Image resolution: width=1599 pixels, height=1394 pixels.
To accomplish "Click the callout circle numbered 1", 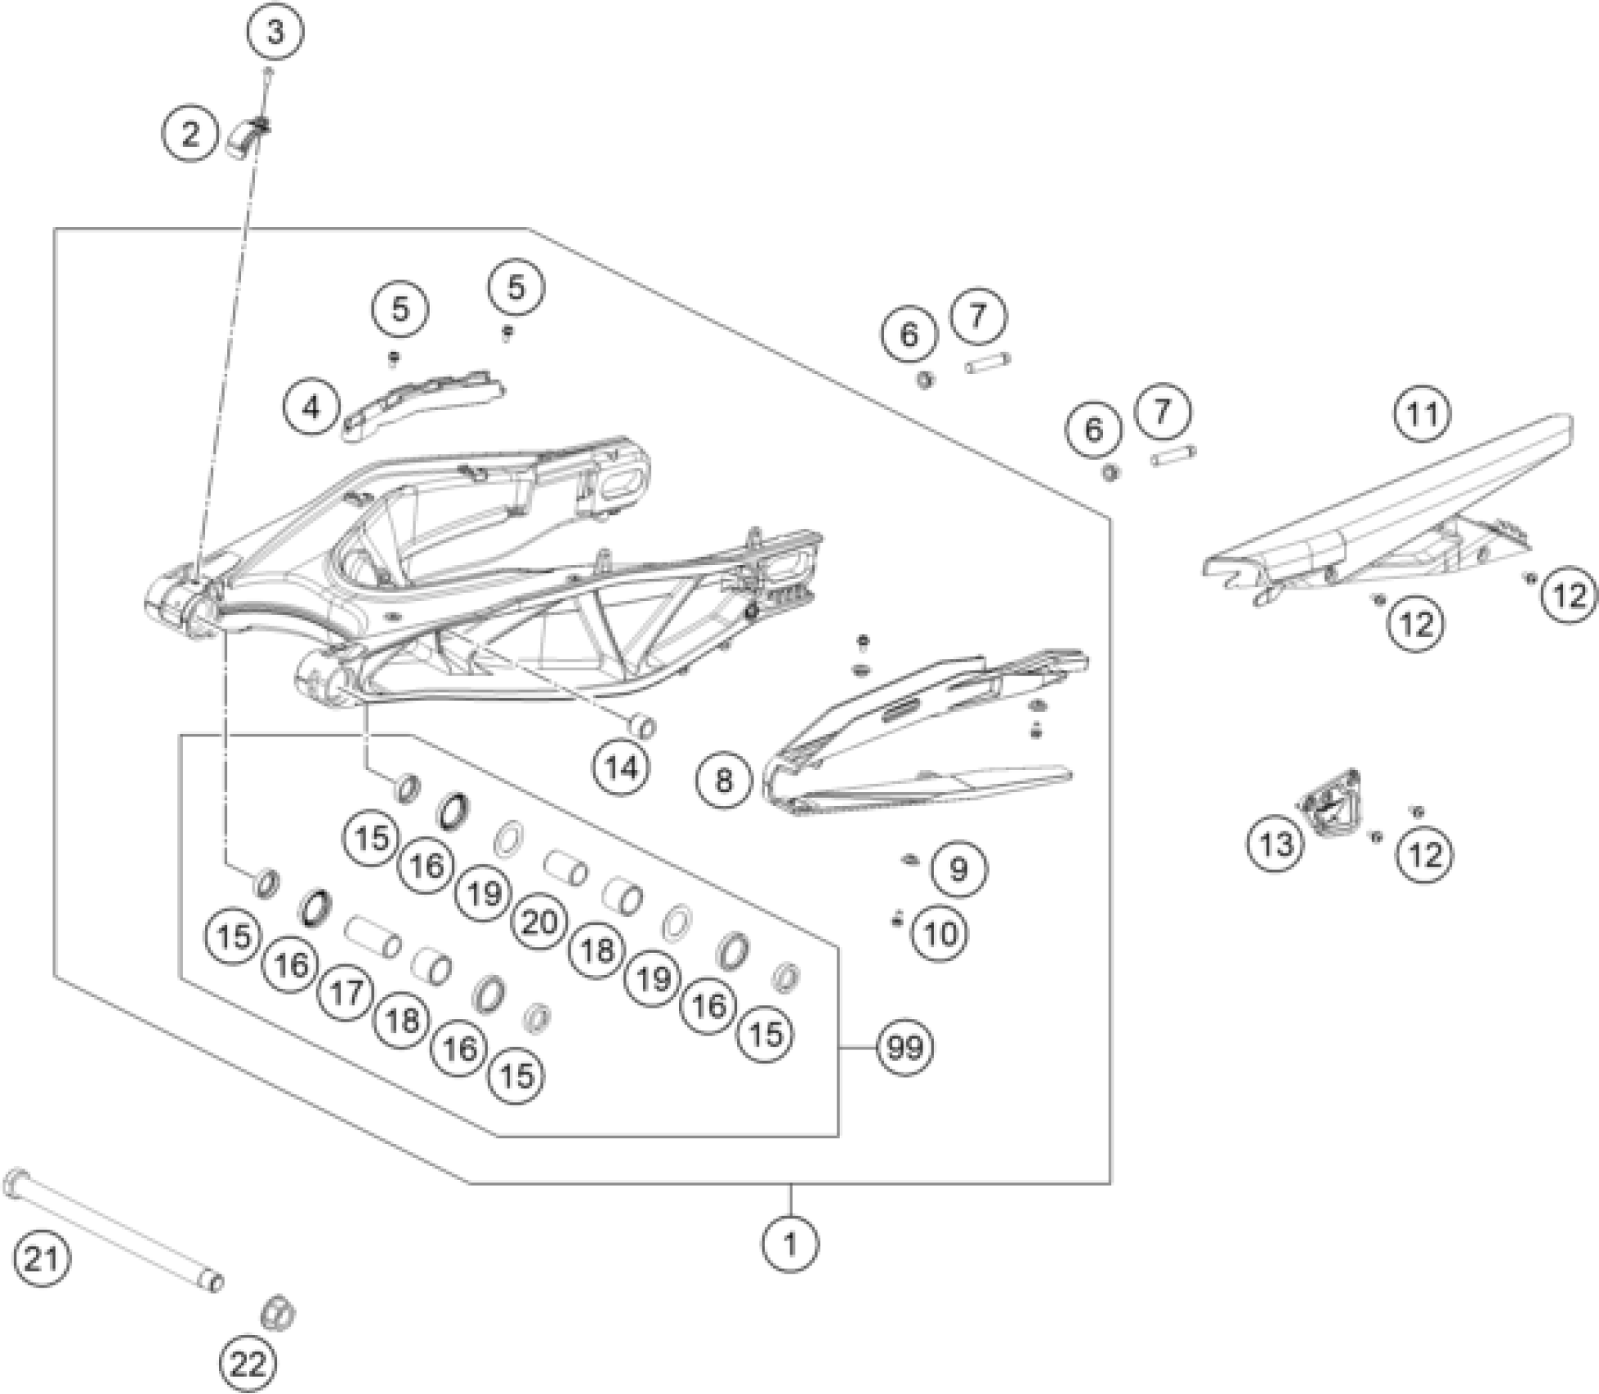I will (790, 1245).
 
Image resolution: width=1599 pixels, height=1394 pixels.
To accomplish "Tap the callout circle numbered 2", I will (190, 133).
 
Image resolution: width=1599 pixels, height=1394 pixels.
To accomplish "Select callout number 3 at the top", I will (276, 33).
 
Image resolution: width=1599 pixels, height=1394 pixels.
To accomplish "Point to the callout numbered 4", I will (312, 406).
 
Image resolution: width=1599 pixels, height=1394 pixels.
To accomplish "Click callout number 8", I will (723, 779).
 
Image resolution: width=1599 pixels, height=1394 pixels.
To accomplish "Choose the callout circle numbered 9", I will (959, 868).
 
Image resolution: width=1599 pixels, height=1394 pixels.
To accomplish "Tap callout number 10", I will (941, 932).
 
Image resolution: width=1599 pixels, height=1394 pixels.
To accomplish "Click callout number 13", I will (1276, 842).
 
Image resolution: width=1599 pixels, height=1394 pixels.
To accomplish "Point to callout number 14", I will (621, 768).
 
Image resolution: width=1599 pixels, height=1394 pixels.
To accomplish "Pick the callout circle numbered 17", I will (346, 993).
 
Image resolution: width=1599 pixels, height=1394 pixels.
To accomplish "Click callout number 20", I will (540, 922).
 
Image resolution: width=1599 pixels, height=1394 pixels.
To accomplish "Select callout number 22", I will (248, 1364).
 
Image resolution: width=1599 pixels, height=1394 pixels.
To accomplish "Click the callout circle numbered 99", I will (904, 1047).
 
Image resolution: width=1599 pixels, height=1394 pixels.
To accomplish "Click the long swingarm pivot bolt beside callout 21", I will (115, 1228).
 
